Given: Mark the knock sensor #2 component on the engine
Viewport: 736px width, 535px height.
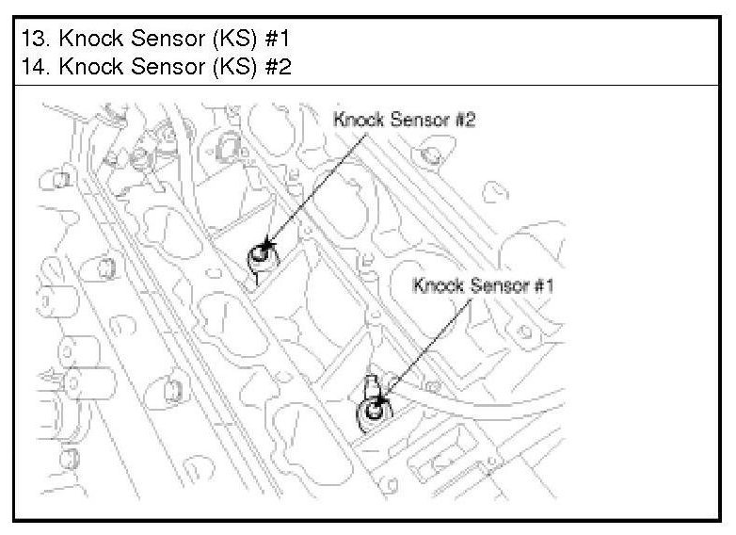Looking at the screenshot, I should coord(261,254).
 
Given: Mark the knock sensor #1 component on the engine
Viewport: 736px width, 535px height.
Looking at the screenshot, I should coord(375,410).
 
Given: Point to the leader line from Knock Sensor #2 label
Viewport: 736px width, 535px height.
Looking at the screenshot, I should coord(311,187).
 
